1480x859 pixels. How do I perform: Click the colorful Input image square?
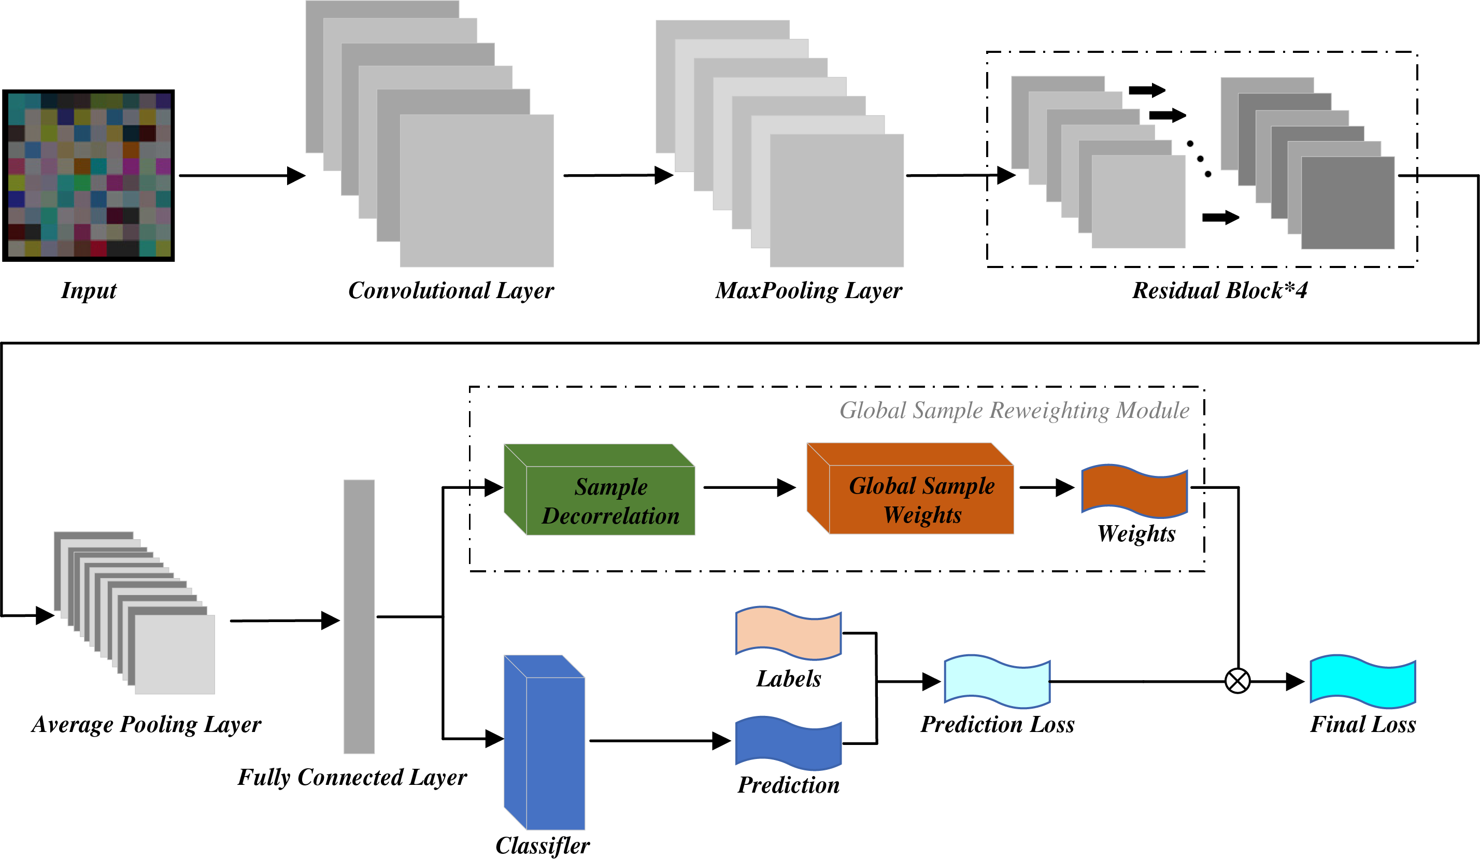(x=89, y=175)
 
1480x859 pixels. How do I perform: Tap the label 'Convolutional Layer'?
(x=450, y=290)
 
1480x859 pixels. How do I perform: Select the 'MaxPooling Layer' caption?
(x=808, y=290)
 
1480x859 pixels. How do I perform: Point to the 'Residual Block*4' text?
(x=1219, y=290)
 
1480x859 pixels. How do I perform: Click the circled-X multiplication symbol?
(x=1237, y=682)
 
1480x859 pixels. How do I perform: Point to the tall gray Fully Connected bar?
(x=359, y=616)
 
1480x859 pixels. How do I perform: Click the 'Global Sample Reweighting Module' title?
(x=1014, y=410)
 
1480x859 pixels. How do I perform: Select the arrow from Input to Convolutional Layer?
(x=241, y=175)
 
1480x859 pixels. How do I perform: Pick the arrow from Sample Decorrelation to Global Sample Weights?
(x=749, y=487)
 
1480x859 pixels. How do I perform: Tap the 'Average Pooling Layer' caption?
(x=146, y=724)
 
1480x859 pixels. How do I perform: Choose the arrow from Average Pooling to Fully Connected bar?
(x=284, y=621)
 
